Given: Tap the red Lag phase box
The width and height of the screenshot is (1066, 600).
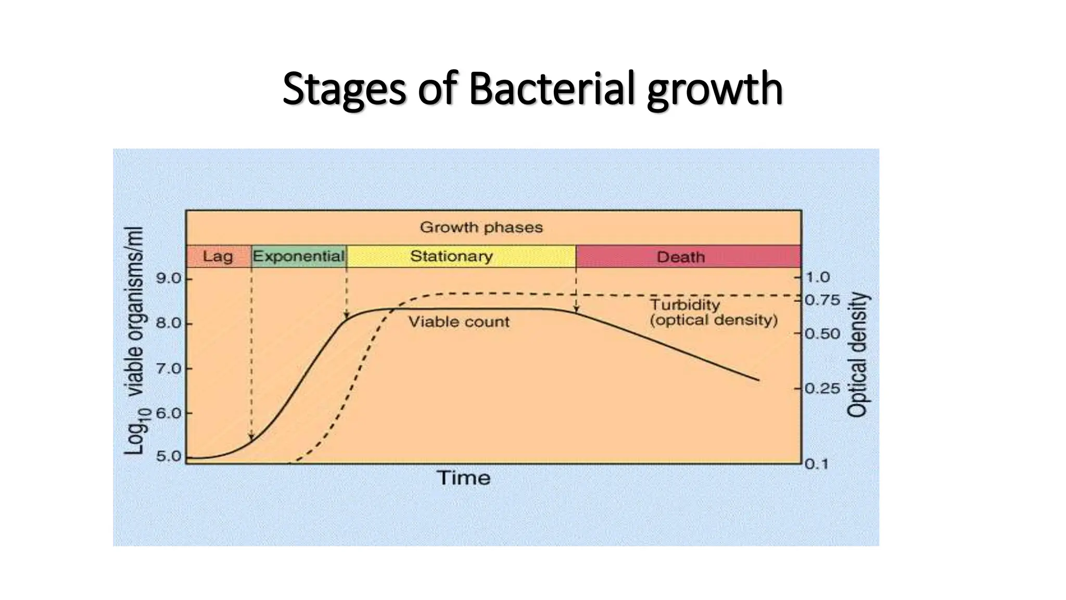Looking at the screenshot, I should [x=218, y=256].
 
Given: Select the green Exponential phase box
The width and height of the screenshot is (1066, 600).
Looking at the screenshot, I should [x=299, y=256].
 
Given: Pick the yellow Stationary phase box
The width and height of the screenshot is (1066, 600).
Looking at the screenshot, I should [x=451, y=256].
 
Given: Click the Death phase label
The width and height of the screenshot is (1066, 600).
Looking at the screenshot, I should [x=680, y=257].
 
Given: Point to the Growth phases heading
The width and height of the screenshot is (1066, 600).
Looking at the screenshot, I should [x=481, y=228].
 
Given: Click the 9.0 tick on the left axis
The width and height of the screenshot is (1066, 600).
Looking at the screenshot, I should [x=169, y=279].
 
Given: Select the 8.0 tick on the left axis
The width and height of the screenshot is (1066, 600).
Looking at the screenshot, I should [x=169, y=323].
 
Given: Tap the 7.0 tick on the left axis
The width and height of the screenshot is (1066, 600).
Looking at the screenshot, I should [x=169, y=369].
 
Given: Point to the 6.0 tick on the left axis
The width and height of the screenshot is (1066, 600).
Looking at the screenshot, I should [x=169, y=414].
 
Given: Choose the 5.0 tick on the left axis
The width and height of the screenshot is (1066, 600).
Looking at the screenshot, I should [x=169, y=457].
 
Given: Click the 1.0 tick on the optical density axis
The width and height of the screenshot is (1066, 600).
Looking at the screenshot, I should [x=818, y=278].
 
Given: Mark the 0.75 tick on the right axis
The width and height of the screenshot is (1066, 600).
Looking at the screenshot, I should [x=822, y=301].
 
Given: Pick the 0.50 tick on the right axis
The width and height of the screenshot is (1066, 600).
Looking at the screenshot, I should [x=822, y=333].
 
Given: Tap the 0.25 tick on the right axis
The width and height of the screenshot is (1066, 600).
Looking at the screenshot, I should [x=822, y=389].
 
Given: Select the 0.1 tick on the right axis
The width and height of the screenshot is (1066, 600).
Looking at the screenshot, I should [x=817, y=464].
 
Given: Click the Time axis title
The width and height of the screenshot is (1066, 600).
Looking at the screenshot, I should [x=463, y=478].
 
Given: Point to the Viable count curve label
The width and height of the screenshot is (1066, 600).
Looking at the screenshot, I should [x=459, y=322].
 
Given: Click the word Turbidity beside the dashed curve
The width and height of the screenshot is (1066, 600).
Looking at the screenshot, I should [x=685, y=305].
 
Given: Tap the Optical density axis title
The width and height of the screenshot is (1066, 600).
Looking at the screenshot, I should [x=858, y=354].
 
